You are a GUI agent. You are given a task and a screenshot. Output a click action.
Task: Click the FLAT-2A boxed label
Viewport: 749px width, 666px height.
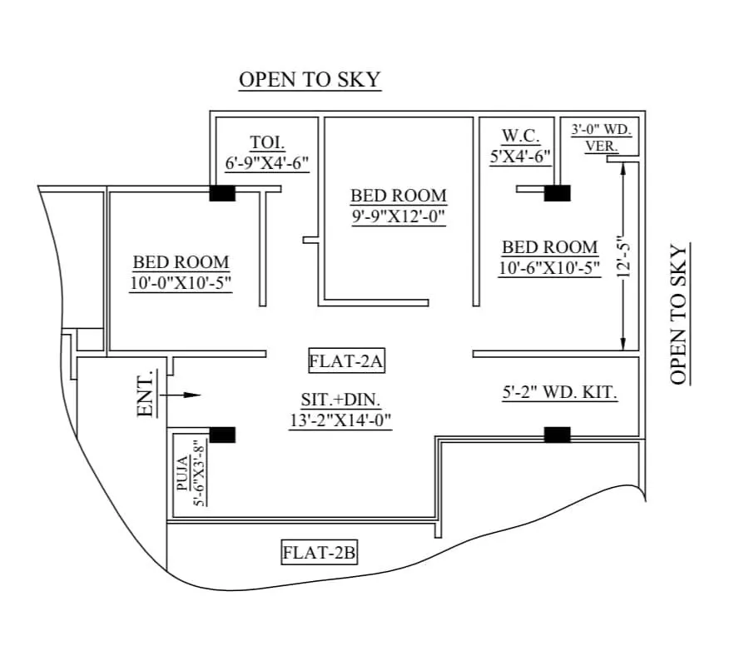click(x=345, y=361)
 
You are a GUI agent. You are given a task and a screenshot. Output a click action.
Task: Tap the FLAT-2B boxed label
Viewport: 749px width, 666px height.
click(x=320, y=552)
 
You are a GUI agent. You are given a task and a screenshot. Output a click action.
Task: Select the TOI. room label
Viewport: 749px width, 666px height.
click(x=268, y=142)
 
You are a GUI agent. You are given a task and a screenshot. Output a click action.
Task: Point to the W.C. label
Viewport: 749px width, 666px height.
click(x=522, y=136)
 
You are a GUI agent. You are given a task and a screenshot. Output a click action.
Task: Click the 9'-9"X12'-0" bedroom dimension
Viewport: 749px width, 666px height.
click(x=398, y=217)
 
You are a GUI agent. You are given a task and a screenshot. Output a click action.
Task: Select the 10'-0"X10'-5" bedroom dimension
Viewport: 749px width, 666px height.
click(x=181, y=283)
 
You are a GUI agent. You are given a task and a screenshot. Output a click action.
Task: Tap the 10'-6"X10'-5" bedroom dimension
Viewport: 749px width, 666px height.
click(x=549, y=268)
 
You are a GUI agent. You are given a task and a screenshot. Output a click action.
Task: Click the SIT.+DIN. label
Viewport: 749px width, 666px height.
click(x=340, y=400)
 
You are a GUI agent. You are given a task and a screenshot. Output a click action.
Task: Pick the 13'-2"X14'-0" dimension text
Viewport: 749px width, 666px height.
click(x=340, y=420)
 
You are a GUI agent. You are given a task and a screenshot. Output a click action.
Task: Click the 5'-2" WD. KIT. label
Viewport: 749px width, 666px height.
click(x=560, y=393)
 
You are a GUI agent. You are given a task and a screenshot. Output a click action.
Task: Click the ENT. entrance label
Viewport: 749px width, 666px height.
click(x=146, y=394)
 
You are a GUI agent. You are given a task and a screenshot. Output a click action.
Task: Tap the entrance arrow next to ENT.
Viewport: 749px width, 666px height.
click(x=183, y=395)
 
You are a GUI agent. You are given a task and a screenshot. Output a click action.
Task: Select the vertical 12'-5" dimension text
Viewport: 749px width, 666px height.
click(x=630, y=257)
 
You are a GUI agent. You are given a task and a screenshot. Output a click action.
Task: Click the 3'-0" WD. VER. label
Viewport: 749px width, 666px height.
click(x=602, y=137)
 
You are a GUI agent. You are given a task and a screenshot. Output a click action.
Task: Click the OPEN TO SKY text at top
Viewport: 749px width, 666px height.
click(x=310, y=80)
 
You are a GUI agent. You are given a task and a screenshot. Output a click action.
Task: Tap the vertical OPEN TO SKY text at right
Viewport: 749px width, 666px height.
click(x=679, y=315)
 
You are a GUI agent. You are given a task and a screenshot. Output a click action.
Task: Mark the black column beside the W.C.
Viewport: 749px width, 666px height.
click(x=557, y=193)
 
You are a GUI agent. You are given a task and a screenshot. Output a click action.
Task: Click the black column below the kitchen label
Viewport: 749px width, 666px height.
click(x=557, y=434)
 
